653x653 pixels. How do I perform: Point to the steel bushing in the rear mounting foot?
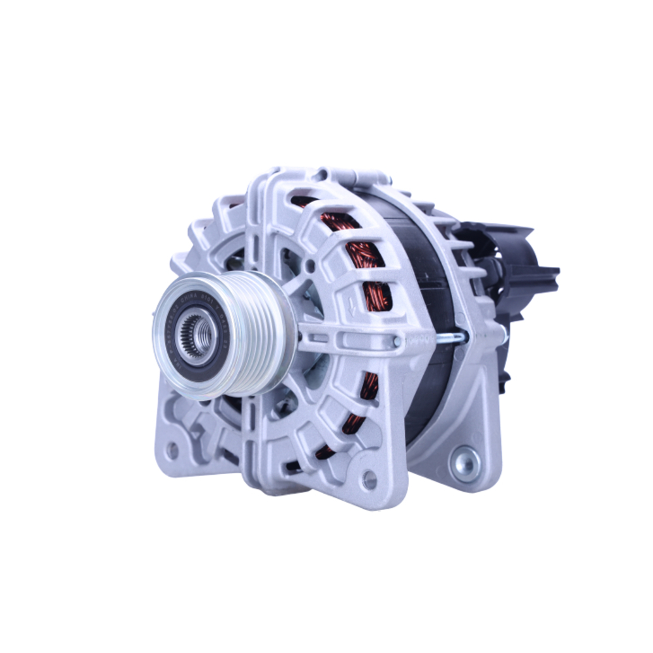[466, 463]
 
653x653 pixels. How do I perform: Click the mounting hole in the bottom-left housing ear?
[172, 450]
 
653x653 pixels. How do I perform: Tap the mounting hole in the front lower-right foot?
[370, 480]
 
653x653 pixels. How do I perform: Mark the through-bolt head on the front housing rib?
[396, 341]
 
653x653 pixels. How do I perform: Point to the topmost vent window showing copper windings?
[307, 202]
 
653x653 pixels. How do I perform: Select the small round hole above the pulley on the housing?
[311, 266]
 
